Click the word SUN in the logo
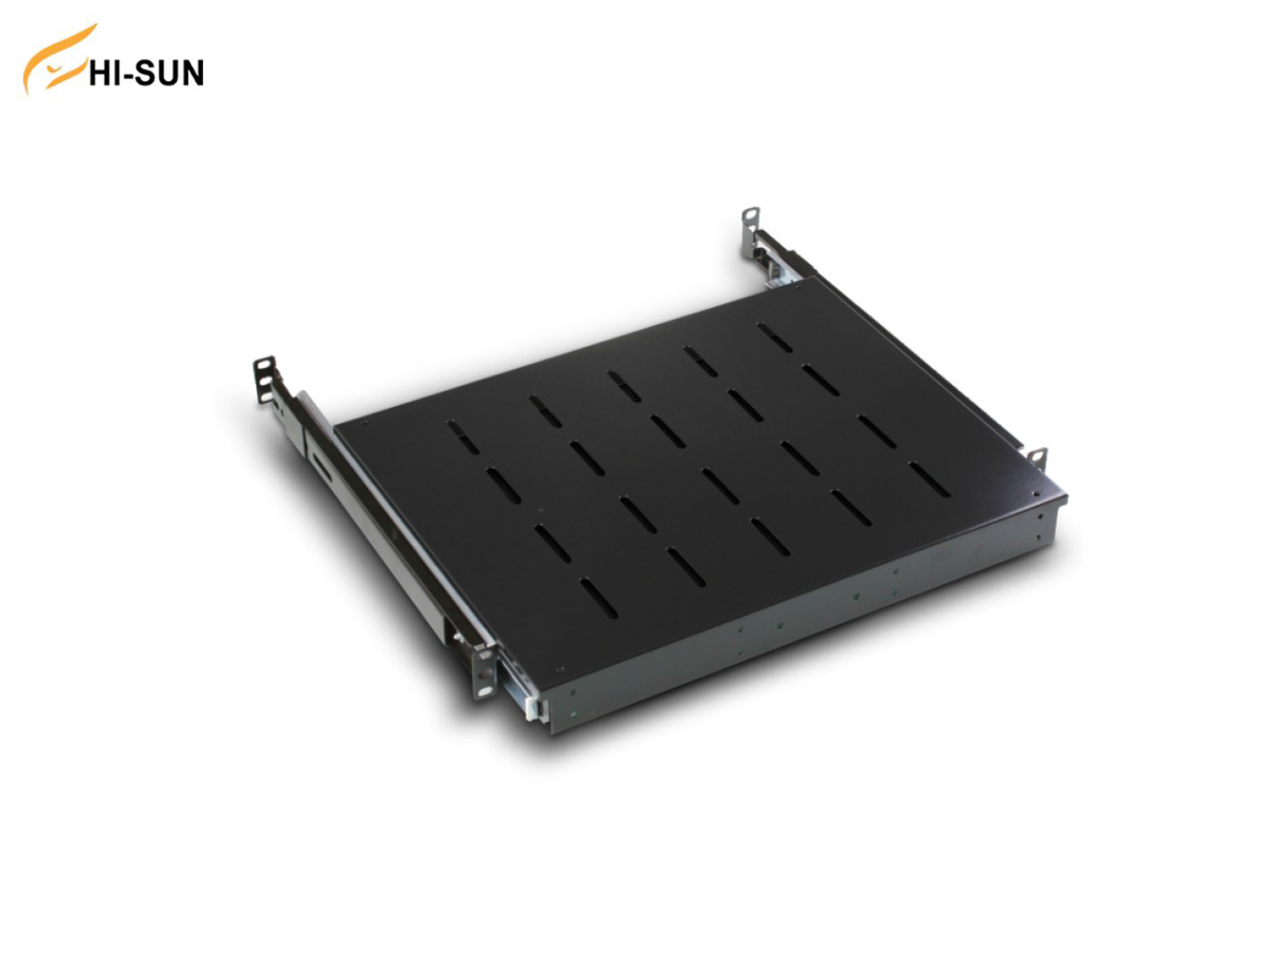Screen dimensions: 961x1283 pyautogui.click(x=169, y=74)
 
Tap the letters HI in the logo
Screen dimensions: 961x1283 pyautogui.click(x=103, y=74)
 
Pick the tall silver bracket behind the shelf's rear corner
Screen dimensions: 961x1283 pyautogui.click(x=750, y=232)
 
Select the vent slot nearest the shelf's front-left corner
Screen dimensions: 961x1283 pyautogui.click(x=598, y=598)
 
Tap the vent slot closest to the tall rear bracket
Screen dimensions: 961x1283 pyautogui.click(x=775, y=337)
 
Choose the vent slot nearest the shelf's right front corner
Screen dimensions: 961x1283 pyautogui.click(x=928, y=480)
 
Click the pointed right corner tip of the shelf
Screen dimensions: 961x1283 pyautogui.click(x=1065, y=496)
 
